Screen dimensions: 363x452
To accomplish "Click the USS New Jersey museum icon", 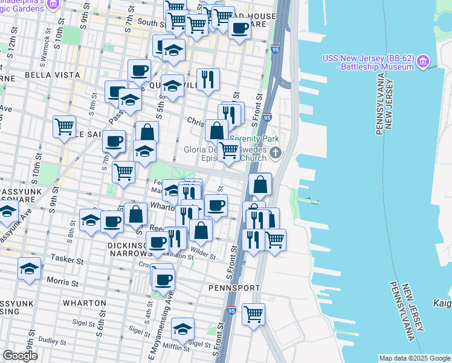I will [x=422, y=61].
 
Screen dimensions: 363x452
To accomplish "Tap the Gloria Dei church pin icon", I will [x=276, y=152].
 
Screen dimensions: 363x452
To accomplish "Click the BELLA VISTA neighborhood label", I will [x=53, y=74].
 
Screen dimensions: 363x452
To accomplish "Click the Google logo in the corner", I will [x=20, y=356].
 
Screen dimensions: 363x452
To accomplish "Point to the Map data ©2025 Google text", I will [x=415, y=358].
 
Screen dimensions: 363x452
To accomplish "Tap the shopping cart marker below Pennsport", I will [x=254, y=313].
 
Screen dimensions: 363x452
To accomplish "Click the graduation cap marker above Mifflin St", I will [x=182, y=328].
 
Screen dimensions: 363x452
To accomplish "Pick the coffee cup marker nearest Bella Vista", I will [x=139, y=69].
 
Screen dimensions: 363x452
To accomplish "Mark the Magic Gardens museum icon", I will [x=53, y=4].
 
